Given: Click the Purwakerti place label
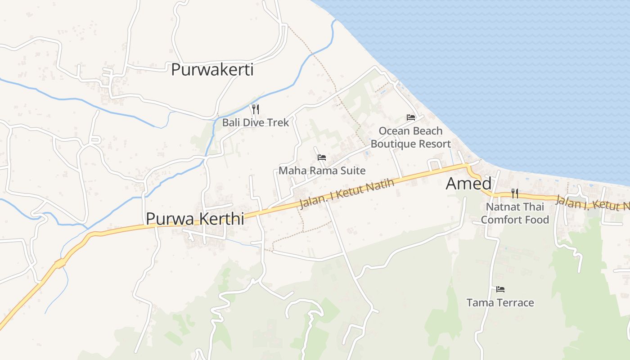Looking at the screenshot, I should pos(212,70).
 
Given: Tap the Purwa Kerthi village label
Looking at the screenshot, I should pos(195,219).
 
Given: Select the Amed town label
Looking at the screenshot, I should pos(468,184).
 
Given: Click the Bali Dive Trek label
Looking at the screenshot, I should pos(255,122).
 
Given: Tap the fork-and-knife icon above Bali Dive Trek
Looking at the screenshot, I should pos(255,109).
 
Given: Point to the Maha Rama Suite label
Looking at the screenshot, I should pos(322,171).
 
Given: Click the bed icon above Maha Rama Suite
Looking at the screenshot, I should pos(322,157).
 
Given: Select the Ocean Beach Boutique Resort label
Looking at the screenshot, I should pos(410,137).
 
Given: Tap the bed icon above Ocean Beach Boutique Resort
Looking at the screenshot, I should pos(410,117).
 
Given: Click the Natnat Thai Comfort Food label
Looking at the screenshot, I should pos(515,213).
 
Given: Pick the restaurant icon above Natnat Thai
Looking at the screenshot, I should pos(515,193).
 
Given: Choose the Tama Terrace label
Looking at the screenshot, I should pos(500,302).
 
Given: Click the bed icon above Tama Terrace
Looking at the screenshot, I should pos(500,289).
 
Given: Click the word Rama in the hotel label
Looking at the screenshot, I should pos(318,171).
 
